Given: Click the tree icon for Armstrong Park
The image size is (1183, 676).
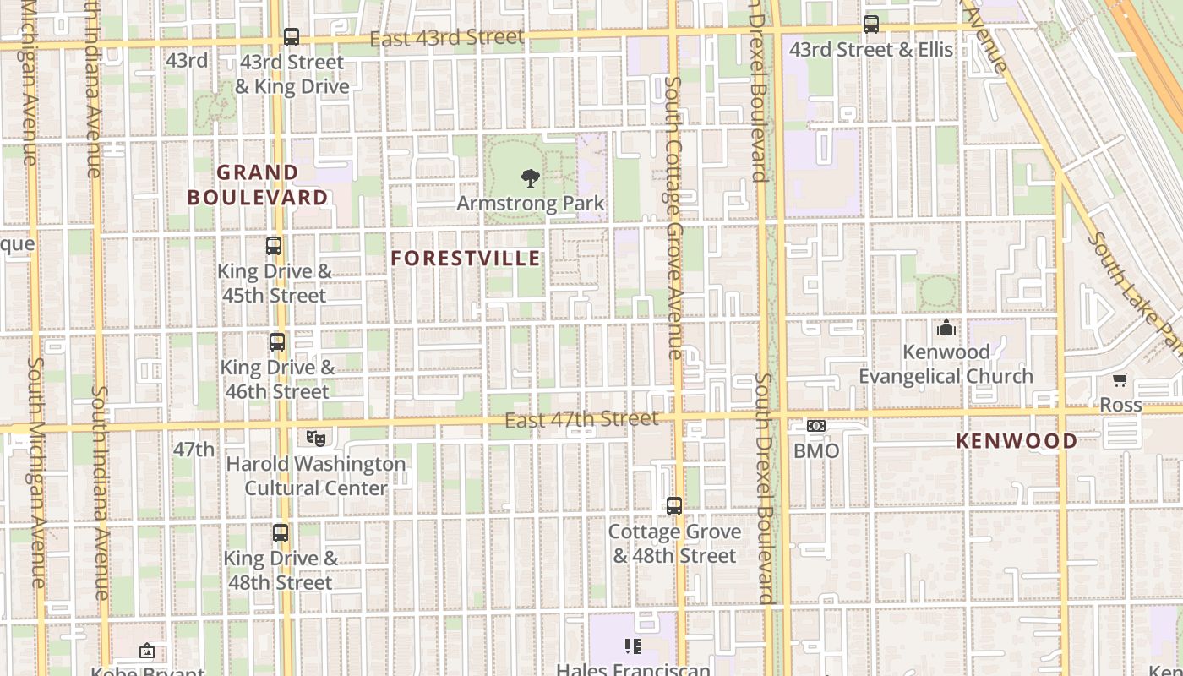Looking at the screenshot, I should pyautogui.click(x=531, y=178).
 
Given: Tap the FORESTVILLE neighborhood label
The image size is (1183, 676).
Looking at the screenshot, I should pyautogui.click(x=466, y=259).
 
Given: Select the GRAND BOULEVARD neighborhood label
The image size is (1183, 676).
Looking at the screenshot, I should pyautogui.click(x=258, y=185).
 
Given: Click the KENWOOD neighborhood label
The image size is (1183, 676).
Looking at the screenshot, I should pyautogui.click(x=1017, y=441).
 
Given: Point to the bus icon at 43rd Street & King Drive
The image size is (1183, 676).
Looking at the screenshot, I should pyautogui.click(x=292, y=37).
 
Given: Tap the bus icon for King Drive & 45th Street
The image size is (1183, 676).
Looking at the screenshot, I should pyautogui.click(x=274, y=246).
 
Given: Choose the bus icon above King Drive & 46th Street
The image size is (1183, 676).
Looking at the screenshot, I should pyautogui.click(x=277, y=342).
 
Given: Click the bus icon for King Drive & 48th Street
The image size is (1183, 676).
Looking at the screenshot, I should pyautogui.click(x=281, y=533).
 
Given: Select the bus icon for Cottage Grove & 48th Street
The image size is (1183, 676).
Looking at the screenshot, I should pyautogui.click(x=674, y=506).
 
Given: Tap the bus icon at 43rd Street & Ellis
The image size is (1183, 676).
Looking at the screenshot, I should pyautogui.click(x=871, y=25).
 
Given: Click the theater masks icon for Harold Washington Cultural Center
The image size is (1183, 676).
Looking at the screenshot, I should pyautogui.click(x=316, y=438).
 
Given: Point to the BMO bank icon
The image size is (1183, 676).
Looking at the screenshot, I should pyautogui.click(x=816, y=426).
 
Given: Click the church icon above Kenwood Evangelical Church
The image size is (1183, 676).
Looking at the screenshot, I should pyautogui.click(x=946, y=326).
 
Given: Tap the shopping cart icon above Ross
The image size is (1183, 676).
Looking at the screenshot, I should pyautogui.click(x=1120, y=380).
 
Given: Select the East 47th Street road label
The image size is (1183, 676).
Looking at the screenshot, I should pyautogui.click(x=581, y=420).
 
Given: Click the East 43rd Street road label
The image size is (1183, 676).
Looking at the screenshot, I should pyautogui.click(x=447, y=38).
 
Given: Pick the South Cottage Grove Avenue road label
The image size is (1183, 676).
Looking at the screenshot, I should pyautogui.click(x=673, y=218).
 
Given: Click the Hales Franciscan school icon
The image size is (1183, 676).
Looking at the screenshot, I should pyautogui.click(x=633, y=646).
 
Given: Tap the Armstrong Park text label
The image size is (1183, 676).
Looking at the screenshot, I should pyautogui.click(x=531, y=204).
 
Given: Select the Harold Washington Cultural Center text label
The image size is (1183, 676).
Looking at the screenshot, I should pyautogui.click(x=316, y=476).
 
